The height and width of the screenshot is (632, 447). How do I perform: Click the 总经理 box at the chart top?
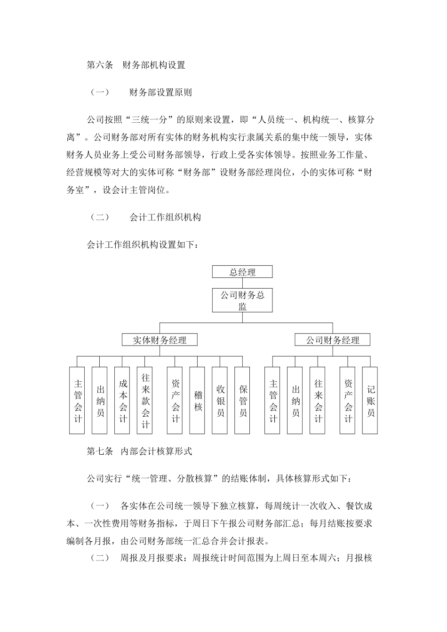click(242, 272)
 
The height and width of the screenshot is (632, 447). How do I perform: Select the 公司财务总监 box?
click(242, 300)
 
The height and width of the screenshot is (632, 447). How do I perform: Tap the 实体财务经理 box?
click(160, 340)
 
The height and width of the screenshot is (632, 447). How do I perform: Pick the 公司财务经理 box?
click(333, 340)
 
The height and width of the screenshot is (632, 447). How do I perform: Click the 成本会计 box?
click(123, 400)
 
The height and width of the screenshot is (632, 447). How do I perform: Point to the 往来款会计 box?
click(145, 400)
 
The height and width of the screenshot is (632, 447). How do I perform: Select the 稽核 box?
click(198, 400)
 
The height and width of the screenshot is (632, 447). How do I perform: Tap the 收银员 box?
click(221, 400)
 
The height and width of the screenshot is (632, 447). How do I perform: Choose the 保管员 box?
click(243, 400)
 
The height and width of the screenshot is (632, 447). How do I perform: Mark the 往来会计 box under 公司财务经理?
click(318, 400)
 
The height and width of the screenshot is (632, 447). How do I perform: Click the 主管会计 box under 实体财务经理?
click(78, 400)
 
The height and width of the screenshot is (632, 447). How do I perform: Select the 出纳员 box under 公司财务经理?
click(295, 400)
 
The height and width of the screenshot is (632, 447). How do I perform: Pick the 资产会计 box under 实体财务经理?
click(175, 400)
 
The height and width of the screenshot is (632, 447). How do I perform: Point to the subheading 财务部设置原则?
click(160, 93)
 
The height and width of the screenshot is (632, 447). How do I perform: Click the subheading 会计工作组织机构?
click(165, 217)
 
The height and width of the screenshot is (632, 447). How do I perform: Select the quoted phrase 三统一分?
click(151, 120)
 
